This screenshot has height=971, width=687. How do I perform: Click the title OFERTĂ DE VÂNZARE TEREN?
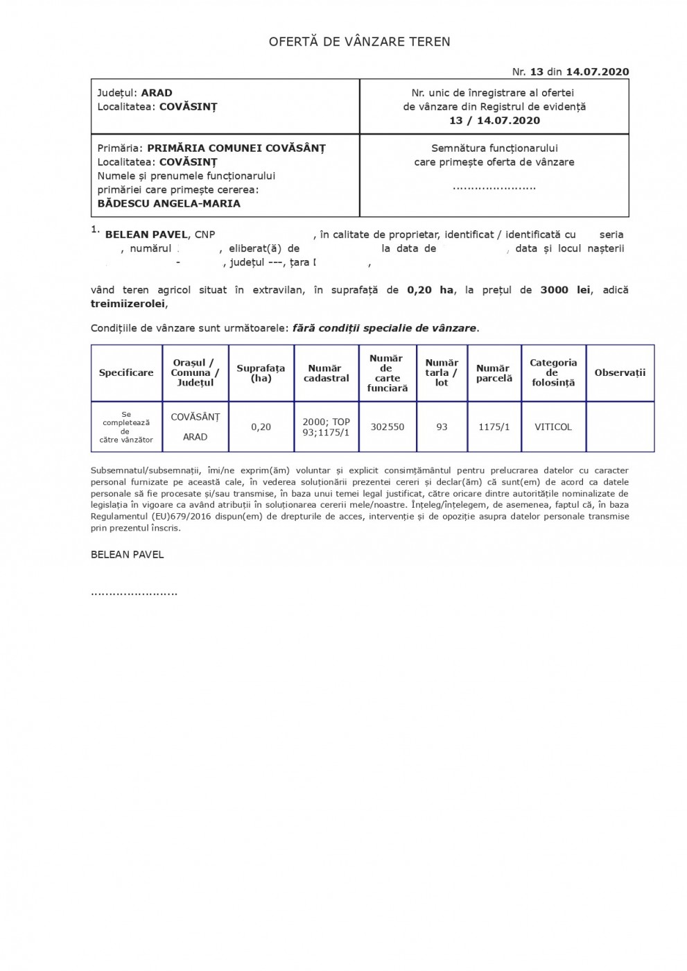coord(359,42)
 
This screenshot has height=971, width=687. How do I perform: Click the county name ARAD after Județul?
coord(157,93)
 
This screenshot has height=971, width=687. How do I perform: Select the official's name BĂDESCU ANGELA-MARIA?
coord(169,204)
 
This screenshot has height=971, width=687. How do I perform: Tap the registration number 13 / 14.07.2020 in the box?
coord(494,121)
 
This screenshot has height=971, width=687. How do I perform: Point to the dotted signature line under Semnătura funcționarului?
coord(494,187)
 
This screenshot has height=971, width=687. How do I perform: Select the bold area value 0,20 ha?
coord(430,290)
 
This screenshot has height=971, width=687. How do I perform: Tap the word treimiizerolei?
coord(129,304)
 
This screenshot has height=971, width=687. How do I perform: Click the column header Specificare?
coord(126,373)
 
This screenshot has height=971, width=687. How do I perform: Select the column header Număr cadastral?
coord(326,373)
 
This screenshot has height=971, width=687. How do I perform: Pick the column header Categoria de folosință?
coord(553,372)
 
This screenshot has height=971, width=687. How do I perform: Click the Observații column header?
coord(619,373)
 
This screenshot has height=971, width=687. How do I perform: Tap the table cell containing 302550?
coord(388,427)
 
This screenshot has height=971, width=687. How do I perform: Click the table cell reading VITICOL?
coord(553,427)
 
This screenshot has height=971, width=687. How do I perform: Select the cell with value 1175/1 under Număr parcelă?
coord(494,427)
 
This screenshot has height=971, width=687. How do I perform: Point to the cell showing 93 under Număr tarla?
coord(442,427)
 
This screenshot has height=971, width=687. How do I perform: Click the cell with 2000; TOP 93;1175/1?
coord(326,427)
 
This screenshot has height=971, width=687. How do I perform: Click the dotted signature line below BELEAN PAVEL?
coord(134,594)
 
